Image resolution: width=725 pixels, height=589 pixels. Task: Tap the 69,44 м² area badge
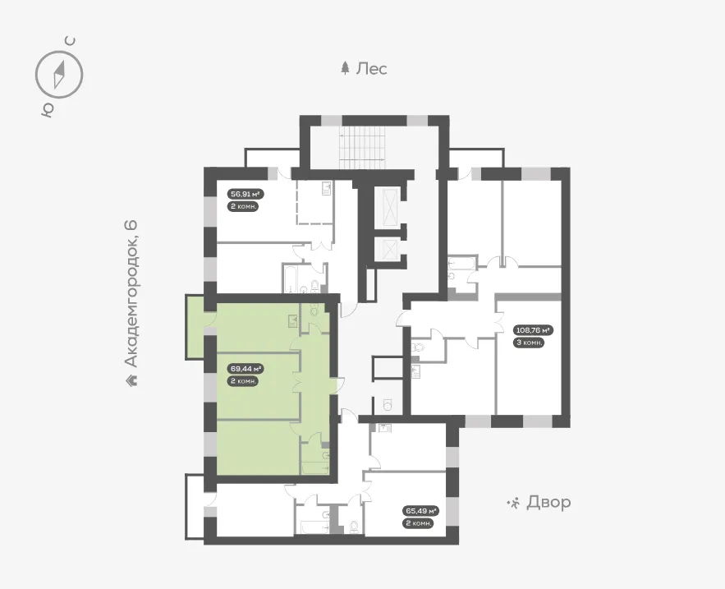click(x=246, y=369)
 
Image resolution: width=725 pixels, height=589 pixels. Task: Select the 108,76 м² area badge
click(x=534, y=330)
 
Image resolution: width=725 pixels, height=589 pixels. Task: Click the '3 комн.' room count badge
click(x=529, y=343)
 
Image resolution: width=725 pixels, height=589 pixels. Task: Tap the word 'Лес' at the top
click(x=371, y=69)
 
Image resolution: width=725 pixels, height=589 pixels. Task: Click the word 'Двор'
click(x=548, y=502)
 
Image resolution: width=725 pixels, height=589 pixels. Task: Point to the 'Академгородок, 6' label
click(x=131, y=295)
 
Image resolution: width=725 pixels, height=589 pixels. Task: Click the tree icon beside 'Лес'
click(x=345, y=68)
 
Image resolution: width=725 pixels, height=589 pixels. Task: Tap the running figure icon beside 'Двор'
click(x=513, y=503)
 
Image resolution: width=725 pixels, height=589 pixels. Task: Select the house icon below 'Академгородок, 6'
click(x=131, y=380)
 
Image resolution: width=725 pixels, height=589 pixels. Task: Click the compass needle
click(x=59, y=74)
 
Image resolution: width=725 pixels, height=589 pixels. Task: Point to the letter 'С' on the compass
click(x=71, y=41)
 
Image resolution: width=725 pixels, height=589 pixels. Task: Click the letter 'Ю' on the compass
click(x=47, y=109)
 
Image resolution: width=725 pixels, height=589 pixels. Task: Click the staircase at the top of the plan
click(x=363, y=148)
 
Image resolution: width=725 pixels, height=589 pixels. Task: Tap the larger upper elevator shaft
click(x=387, y=209)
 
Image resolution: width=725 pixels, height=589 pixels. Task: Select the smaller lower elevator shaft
click(x=387, y=249)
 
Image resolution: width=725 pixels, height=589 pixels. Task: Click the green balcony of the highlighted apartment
click(x=195, y=326)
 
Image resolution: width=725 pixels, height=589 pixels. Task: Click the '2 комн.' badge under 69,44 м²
click(x=243, y=381)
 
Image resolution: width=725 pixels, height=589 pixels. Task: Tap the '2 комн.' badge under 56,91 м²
click(x=243, y=206)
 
